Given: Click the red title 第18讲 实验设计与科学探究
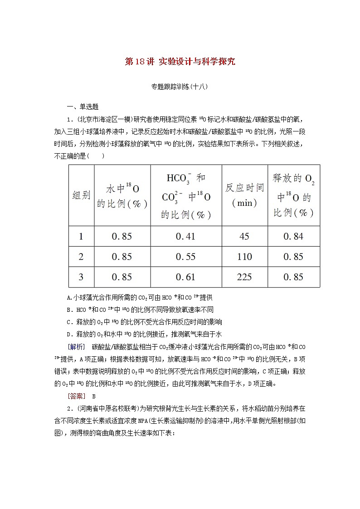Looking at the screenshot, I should click(180, 62).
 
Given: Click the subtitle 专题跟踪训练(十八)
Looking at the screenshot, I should click(180, 87).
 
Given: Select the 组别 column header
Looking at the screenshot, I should click(82, 195).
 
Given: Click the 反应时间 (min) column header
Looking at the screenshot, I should click(244, 195).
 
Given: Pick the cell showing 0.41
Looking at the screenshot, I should click(185, 236).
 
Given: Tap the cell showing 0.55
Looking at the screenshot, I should click(185, 257).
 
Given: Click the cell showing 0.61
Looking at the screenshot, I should click(185, 277).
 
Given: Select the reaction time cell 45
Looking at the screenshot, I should click(244, 236).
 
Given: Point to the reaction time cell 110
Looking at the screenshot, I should click(244, 257).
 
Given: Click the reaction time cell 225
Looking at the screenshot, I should click(244, 277).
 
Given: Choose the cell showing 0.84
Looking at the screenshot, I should click(293, 236).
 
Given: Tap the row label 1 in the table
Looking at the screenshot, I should click(82, 236).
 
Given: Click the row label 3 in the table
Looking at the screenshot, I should click(82, 277).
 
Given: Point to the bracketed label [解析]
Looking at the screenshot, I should click(75, 347).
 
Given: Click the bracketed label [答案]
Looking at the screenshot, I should click(75, 396).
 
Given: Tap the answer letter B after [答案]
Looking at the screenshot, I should click(94, 396).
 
